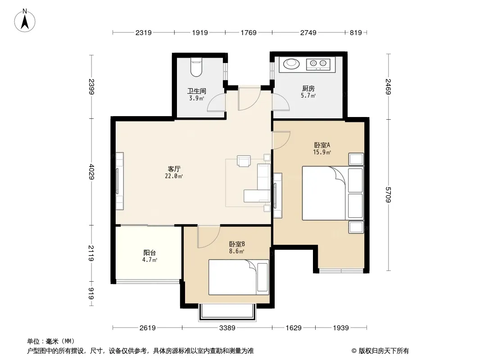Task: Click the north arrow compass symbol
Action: pyautogui.click(x=25, y=20)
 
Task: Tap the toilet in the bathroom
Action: pyautogui.click(x=196, y=67)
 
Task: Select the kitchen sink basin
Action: pyautogui.click(x=290, y=63)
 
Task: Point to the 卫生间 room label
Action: pyautogui.click(x=196, y=91)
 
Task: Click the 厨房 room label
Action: pyautogui.click(x=308, y=88)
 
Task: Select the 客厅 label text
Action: pyautogui.click(x=174, y=169)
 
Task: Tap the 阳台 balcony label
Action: pyautogui.click(x=149, y=252)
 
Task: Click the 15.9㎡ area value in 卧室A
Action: pyautogui.click(x=322, y=152)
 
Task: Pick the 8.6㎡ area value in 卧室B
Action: pyautogui.click(x=237, y=252)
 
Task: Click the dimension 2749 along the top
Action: pyautogui.click(x=308, y=32)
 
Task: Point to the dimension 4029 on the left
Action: pyautogui.click(x=91, y=171)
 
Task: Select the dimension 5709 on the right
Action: pyautogui.click(x=388, y=194)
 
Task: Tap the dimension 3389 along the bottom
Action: pyautogui.click(x=227, y=328)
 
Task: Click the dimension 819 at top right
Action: pyautogui.click(x=356, y=32)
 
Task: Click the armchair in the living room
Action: pyautogui.click(x=244, y=161)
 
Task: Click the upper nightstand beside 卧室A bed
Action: pyautogui.click(x=356, y=159)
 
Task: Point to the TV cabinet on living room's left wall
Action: pyautogui.click(x=119, y=181)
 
